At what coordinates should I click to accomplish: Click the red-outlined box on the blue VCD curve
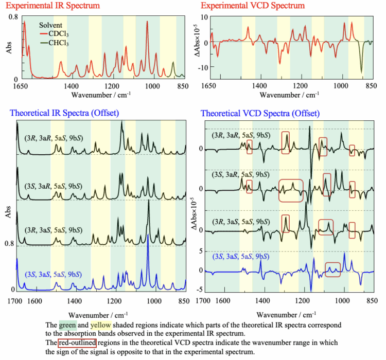click(333, 269)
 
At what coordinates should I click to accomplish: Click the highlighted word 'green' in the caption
click(68, 325)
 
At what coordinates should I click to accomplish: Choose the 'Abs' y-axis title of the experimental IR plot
click(9, 48)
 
